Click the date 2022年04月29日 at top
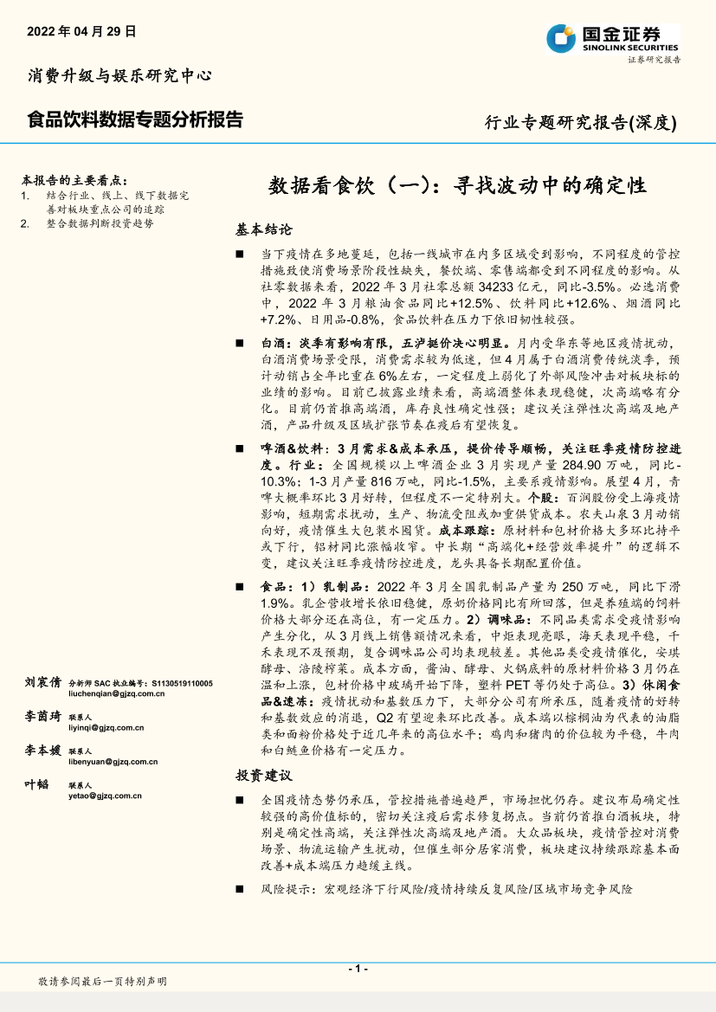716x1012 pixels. click(82, 31)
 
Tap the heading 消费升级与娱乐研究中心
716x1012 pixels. click(119, 75)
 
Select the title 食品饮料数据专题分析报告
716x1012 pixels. click(135, 119)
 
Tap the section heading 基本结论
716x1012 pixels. click(263, 229)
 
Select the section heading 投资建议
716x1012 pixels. click(263, 775)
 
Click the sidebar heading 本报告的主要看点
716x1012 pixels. click(74, 181)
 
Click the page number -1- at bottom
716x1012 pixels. click(358, 968)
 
